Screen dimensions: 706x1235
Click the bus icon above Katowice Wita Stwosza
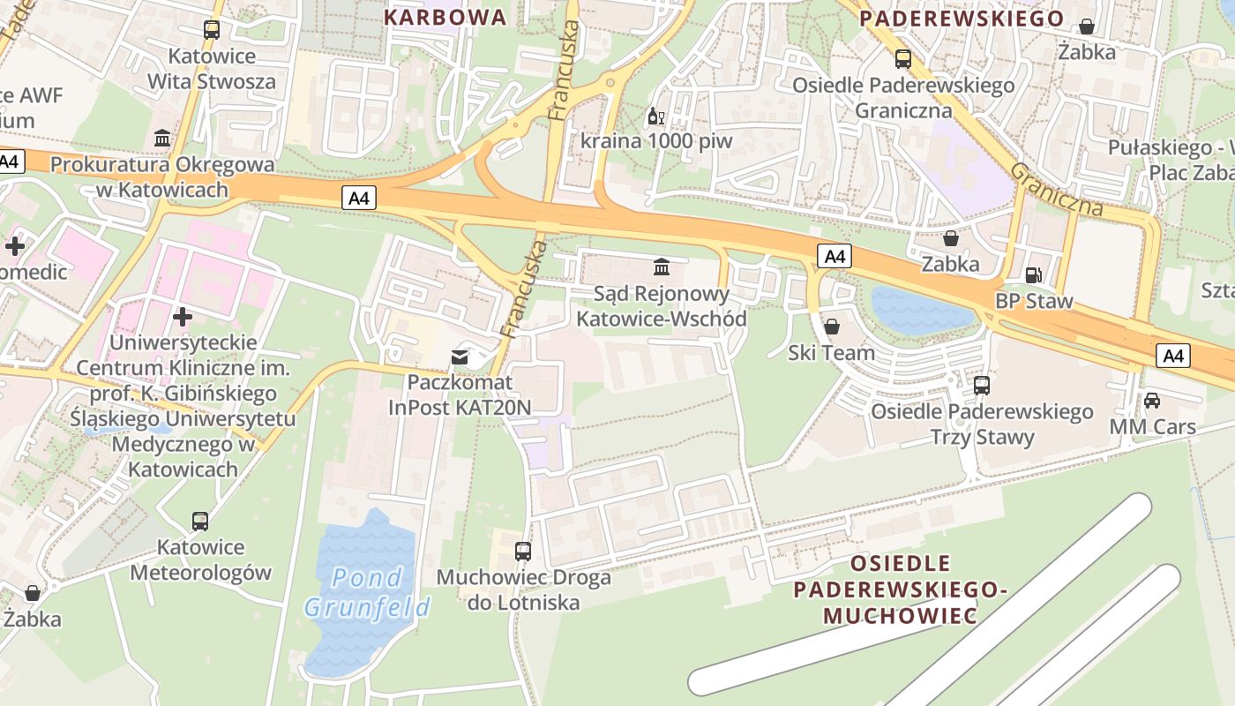212,30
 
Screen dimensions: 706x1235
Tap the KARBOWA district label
445,17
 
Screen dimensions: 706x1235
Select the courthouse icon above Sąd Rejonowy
661,266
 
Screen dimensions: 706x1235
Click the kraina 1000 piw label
656,141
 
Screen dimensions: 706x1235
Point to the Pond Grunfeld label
368,592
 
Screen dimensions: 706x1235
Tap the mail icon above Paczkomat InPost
460,357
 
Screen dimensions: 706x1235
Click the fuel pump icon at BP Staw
1033,275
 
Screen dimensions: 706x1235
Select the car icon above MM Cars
1152,401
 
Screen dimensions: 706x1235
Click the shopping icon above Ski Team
831,327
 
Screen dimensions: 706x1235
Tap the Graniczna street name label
1057,189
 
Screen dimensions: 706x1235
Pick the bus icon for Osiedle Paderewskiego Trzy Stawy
982,386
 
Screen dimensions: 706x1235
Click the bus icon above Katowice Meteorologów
200,522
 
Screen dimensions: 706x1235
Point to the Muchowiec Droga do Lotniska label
524,590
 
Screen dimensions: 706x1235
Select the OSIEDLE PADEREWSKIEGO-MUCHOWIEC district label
900,589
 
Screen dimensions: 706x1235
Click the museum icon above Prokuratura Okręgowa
163,139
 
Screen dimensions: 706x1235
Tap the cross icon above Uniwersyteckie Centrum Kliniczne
183,316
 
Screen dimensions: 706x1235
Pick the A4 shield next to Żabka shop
835,257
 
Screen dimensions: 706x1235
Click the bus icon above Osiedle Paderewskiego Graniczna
903,59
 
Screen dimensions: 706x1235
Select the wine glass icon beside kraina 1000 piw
655,116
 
